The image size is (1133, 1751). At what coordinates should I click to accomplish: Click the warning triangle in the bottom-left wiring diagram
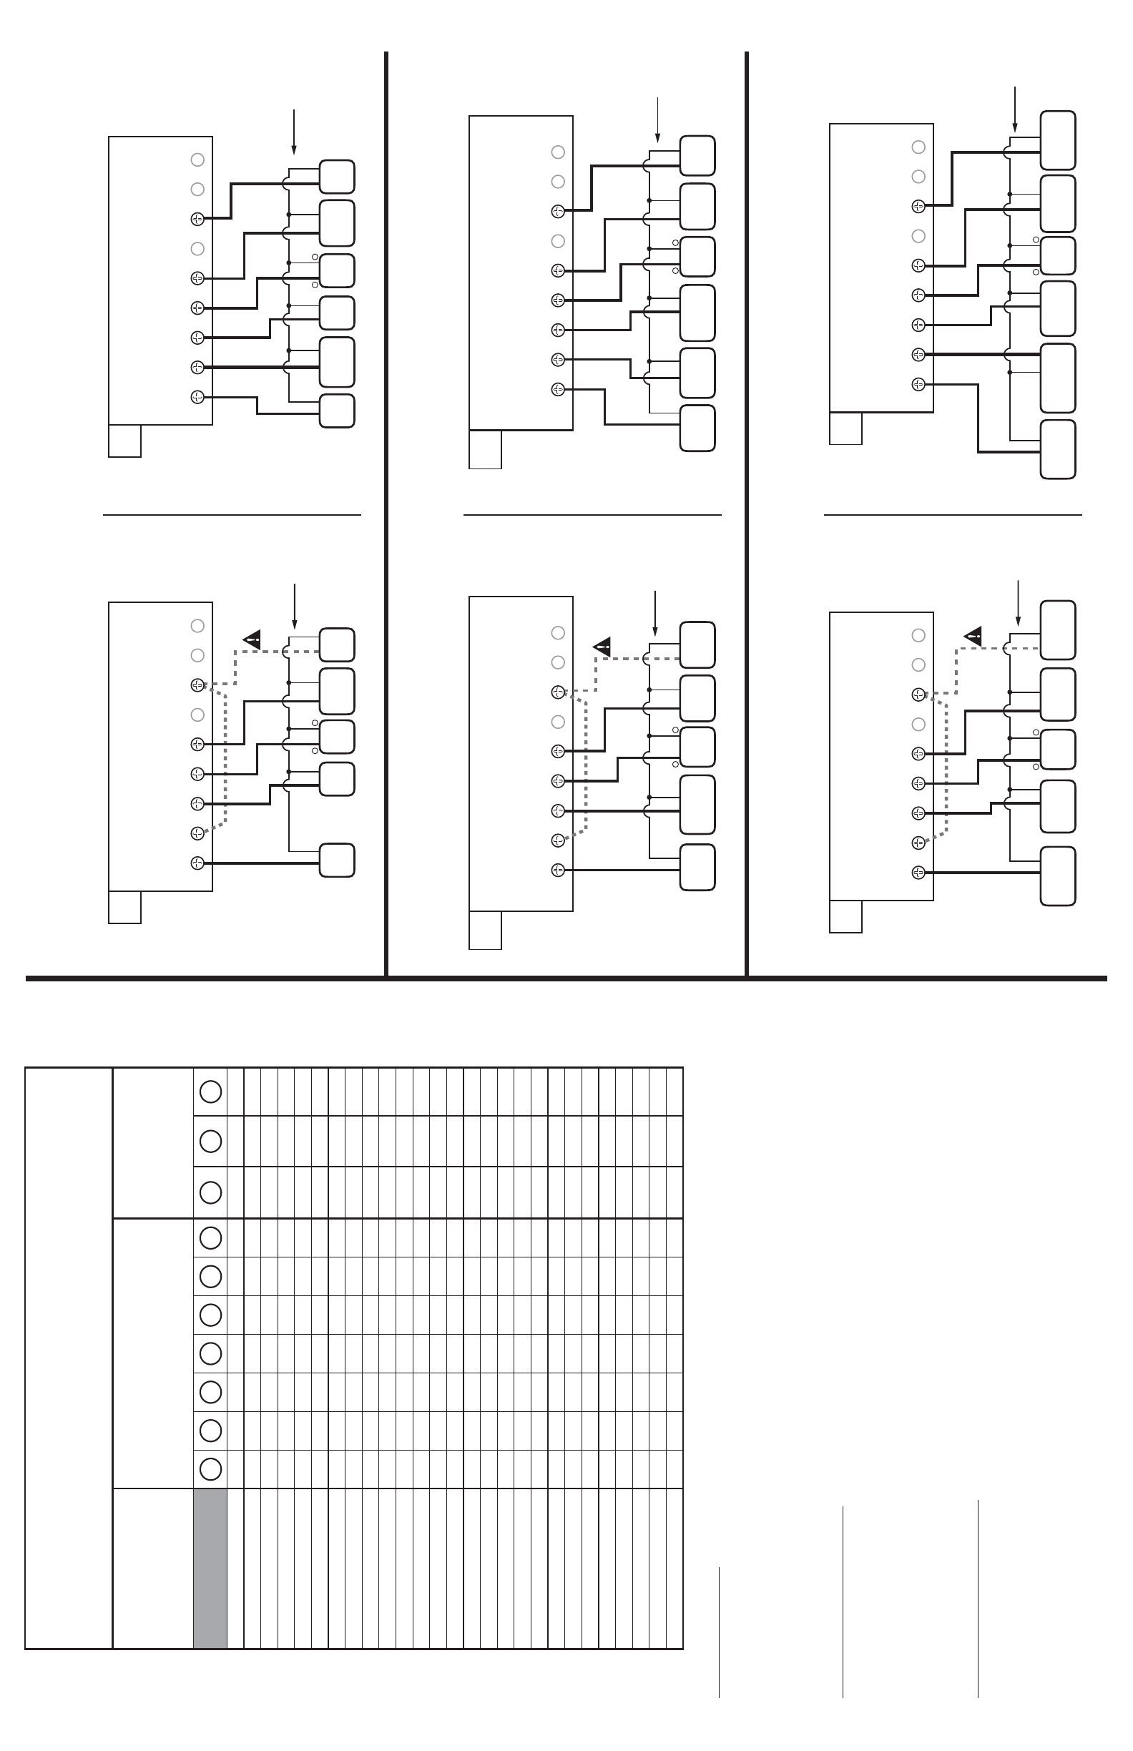pos(252,639)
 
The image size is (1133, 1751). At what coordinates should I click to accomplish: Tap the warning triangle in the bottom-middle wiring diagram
pos(602,647)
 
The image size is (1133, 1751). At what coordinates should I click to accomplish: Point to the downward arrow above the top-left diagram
pos(293,132)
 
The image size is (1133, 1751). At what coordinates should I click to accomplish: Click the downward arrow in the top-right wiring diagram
pos(1014,109)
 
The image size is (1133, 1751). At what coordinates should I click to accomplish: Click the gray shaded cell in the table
pos(210,1568)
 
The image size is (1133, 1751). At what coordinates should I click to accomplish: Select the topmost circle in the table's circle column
pos(210,1092)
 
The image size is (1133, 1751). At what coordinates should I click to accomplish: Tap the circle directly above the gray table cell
pos(210,1469)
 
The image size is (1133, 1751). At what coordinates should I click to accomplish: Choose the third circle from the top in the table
pos(210,1192)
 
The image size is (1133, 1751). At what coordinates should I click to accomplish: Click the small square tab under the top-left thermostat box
pos(124,441)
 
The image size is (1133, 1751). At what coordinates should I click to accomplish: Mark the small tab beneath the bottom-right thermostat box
pos(845,916)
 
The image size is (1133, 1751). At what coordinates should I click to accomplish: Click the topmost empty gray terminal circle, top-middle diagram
pos(558,152)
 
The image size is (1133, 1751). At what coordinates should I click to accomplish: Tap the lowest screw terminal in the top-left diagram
pos(197,397)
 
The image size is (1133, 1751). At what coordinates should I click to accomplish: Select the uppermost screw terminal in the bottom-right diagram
pos(918,695)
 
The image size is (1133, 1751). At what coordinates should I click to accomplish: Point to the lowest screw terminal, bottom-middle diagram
pos(558,870)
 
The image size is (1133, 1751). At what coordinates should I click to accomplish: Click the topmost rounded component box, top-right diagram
pos(1058,140)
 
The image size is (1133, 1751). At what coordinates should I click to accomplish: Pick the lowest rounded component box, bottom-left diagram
pos(337,860)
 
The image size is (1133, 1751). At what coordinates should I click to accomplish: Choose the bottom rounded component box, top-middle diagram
pos(697,428)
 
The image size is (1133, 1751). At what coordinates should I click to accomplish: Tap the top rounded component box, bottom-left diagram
pos(337,645)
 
